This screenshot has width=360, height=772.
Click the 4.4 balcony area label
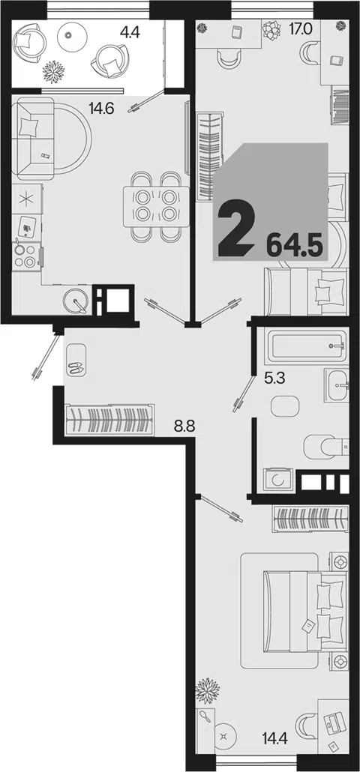click(130, 34)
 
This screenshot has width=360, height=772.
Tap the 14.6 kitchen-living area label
click(101, 107)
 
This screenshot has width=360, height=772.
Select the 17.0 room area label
click(301, 28)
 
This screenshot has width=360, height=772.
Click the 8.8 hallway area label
click(185, 426)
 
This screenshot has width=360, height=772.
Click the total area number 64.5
click(294, 244)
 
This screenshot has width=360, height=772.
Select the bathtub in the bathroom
click(306, 344)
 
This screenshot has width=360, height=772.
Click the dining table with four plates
click(156, 206)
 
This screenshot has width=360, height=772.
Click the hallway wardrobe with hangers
click(109, 420)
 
